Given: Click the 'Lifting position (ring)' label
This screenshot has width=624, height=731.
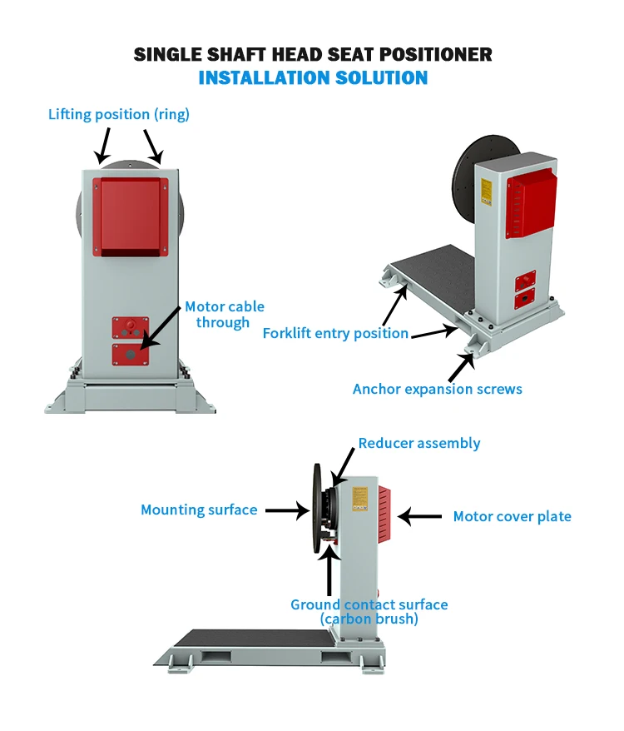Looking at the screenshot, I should [119, 114].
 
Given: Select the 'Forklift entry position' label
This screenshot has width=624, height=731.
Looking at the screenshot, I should [335, 333].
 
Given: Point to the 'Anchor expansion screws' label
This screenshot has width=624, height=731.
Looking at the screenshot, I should [438, 389].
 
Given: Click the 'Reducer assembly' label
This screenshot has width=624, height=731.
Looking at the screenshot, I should [419, 443].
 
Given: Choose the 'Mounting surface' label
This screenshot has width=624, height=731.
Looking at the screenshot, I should [199, 510].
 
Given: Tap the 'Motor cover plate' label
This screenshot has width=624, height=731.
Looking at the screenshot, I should [512, 516].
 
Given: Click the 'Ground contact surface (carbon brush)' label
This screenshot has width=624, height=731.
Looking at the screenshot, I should [369, 612].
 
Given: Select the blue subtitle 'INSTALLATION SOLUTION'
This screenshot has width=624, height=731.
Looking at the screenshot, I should [313, 78].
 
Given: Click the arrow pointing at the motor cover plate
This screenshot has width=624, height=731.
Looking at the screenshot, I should [420, 517].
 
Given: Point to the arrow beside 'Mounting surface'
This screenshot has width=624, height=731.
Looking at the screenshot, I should [287, 510].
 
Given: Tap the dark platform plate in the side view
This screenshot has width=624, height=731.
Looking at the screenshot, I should [250, 640].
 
